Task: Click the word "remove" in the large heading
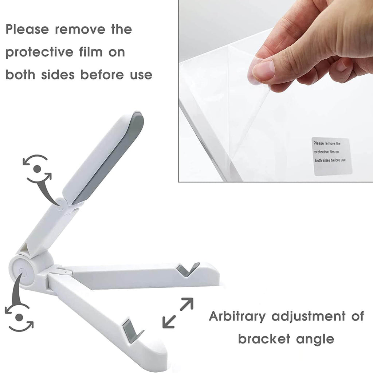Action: pos(80,30)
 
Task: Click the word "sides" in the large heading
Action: pos(58,75)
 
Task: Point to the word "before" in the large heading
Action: pos(102,75)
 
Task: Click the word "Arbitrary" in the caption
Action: pos(237,317)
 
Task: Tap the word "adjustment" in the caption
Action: pos(308,317)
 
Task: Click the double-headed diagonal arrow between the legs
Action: pos(178,313)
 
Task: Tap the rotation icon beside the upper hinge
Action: pos(37,169)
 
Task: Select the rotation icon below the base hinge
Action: pos(19,317)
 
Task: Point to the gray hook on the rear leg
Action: pos(188,270)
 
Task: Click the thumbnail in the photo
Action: pos(264,70)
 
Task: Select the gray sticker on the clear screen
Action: pos(331,156)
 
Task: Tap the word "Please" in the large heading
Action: pos(27,29)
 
